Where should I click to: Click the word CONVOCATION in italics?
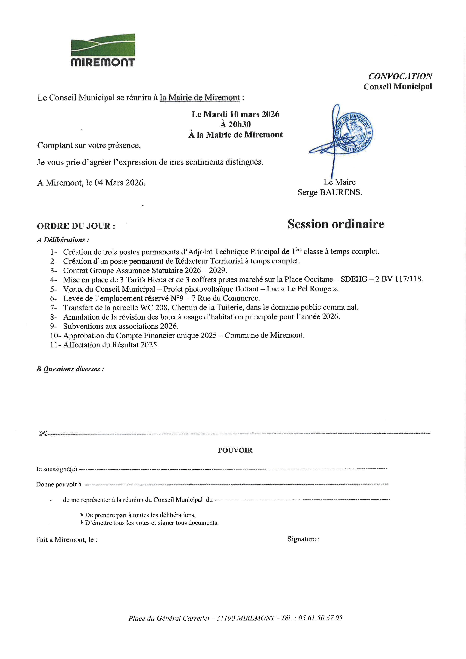tap(400, 76)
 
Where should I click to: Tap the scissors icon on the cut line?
tap(43, 433)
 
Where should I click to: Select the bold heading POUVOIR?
tap(235, 450)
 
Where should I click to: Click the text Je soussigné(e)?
tap(57, 469)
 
